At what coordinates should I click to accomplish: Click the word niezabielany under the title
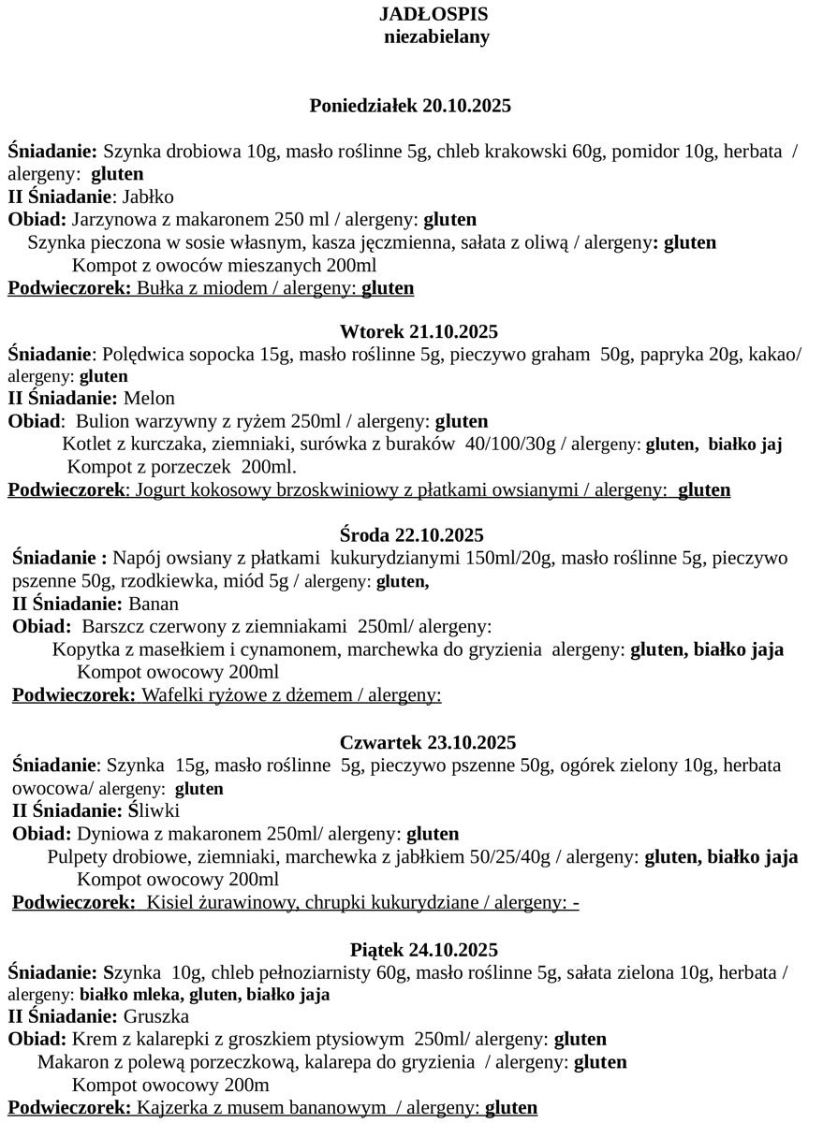coord(436,36)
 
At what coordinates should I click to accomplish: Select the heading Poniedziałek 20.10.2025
coord(410,105)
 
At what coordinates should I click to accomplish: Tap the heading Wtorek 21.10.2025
coord(419,331)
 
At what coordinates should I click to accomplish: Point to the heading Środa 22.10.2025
coord(412,535)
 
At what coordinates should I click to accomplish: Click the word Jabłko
coord(149,197)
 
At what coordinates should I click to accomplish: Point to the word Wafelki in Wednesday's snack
coord(171,695)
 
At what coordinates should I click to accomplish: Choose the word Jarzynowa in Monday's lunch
coord(111,220)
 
